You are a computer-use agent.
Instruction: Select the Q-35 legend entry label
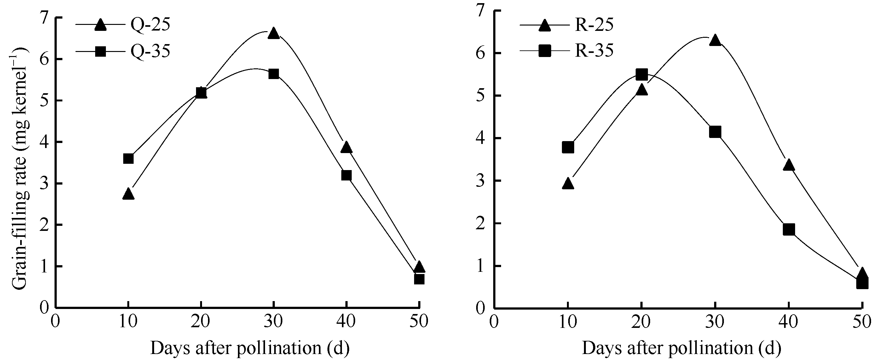150,51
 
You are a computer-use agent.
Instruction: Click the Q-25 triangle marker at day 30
274,34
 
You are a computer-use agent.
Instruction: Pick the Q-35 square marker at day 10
128,159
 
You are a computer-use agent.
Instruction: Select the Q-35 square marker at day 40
346,175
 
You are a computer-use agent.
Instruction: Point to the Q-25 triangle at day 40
346,148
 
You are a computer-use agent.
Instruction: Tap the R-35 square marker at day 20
642,74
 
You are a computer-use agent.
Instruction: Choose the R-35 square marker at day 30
715,132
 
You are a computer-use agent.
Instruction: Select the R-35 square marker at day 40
789,229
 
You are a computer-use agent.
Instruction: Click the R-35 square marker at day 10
568,147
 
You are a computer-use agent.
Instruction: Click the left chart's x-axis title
250,348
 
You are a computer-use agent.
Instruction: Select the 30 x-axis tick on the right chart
715,322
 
